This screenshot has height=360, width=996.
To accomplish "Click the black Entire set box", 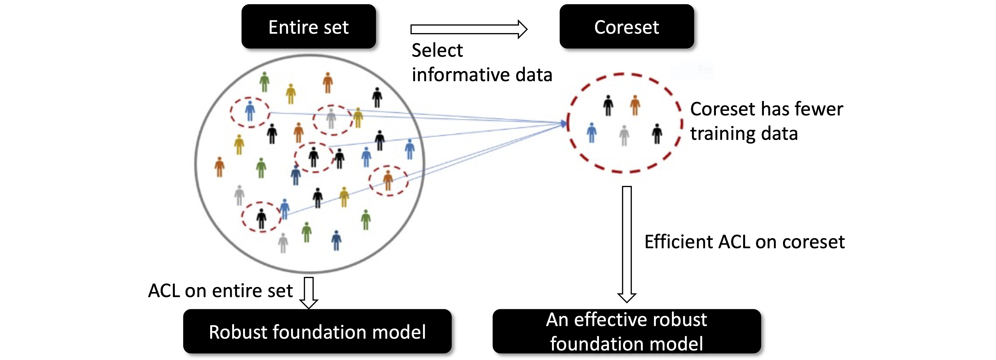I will click(x=308, y=27).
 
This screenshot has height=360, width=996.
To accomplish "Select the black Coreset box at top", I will click(x=626, y=27).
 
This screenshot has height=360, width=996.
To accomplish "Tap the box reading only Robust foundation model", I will click(x=317, y=331).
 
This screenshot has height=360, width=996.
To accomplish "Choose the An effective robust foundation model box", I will click(x=626, y=331).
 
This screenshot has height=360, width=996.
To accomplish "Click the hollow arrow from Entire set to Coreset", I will click(x=469, y=29).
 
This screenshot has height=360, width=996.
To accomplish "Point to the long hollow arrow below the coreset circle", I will click(x=627, y=244).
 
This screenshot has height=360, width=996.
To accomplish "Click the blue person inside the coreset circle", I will click(x=592, y=133).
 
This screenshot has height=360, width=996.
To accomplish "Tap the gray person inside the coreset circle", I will click(x=624, y=135).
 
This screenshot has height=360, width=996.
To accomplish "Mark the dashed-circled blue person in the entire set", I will click(x=250, y=111).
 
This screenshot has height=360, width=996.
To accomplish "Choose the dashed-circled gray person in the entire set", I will click(x=331, y=118).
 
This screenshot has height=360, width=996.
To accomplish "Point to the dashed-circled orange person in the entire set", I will click(x=388, y=181).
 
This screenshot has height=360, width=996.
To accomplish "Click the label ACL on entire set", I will click(x=220, y=291).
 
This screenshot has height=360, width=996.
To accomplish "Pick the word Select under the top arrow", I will click(x=437, y=50).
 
